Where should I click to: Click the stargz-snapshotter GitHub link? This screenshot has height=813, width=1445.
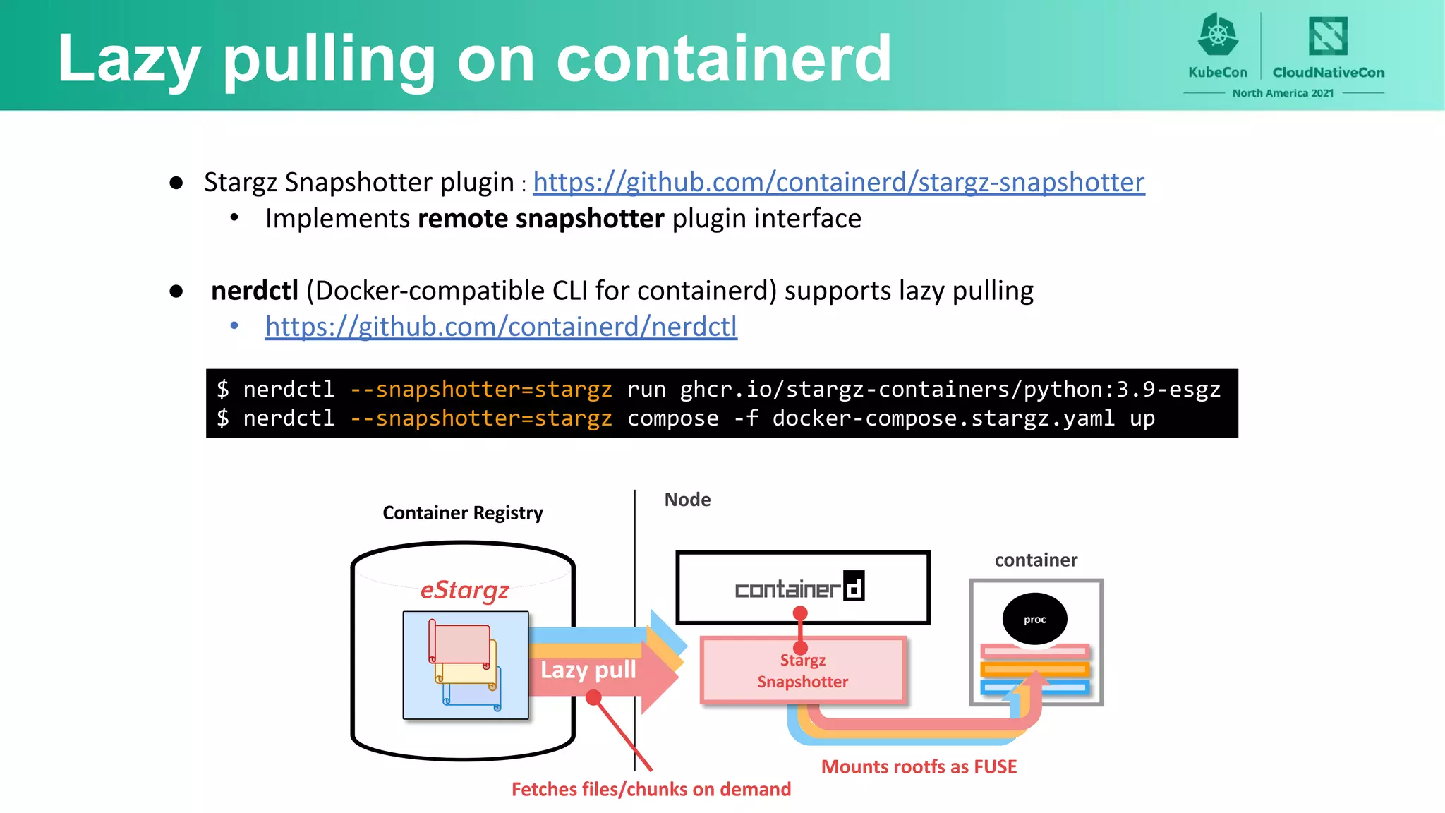tap(838, 182)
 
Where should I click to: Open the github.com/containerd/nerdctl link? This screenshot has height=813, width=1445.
tap(501, 327)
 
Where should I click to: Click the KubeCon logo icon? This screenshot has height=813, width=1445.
tap(1218, 35)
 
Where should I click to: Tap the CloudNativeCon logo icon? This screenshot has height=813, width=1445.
tap(1328, 36)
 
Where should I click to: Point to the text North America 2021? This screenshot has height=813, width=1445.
tap(1283, 93)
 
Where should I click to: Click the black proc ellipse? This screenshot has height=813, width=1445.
tap(1034, 619)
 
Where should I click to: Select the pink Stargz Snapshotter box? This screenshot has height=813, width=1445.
tap(803, 671)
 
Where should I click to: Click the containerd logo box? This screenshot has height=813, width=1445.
tap(802, 587)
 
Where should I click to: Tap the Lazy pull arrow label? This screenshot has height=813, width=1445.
tap(588, 670)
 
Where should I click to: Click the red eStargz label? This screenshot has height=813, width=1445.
tap(464, 590)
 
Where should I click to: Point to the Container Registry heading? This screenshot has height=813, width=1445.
tap(463, 513)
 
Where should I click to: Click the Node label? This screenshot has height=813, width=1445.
tap(687, 500)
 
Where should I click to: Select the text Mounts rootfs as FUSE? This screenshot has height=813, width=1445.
tap(919, 767)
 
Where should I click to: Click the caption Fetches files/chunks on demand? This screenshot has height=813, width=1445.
tap(651, 789)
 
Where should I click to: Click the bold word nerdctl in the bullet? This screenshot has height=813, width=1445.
tap(255, 291)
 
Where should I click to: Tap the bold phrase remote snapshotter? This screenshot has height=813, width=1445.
tap(540, 219)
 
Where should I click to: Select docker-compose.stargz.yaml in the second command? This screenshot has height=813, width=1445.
tap(943, 418)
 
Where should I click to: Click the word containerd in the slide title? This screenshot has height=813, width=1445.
tap(724, 59)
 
